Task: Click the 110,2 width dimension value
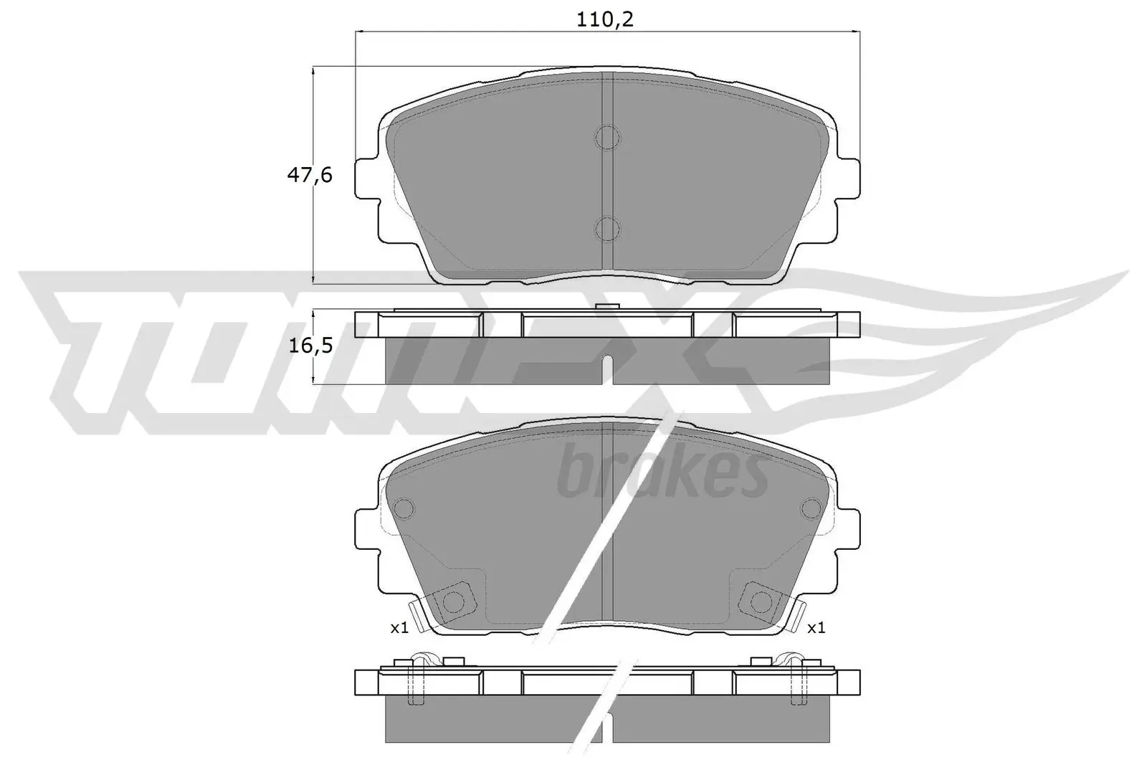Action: (x=606, y=19)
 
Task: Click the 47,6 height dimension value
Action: (x=310, y=174)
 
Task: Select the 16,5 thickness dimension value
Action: (x=310, y=346)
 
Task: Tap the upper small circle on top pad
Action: (x=607, y=137)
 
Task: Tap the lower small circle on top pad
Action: (x=607, y=229)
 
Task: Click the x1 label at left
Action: (x=399, y=628)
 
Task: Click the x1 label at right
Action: (x=816, y=628)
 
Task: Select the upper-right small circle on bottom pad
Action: (x=811, y=508)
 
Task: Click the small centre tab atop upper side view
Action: (x=607, y=308)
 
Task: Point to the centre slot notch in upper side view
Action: (x=607, y=366)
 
